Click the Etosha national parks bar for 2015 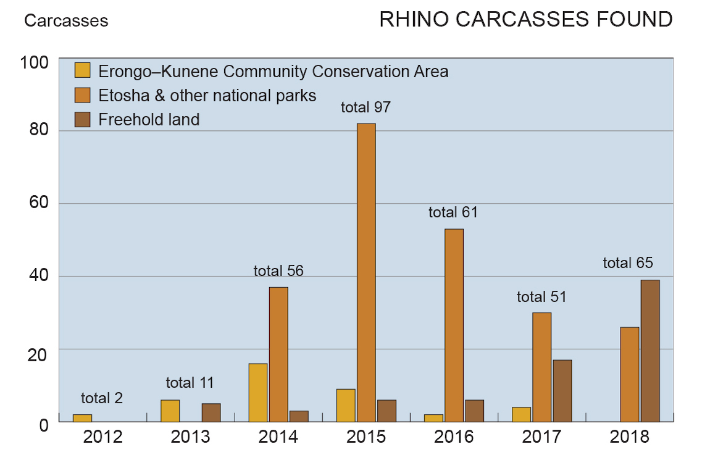366,272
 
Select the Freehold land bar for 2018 650,351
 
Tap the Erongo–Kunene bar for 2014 258,392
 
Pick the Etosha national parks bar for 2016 454,325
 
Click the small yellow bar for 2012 82,418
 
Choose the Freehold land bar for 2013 211,412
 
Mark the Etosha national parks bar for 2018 630,374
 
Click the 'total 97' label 366,107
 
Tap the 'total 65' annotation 628,263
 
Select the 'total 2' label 102,398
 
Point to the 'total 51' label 541,297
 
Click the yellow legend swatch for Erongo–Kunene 83,71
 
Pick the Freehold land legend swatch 83,119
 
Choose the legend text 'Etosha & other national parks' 207,95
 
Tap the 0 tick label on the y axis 44,425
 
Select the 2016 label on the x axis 454,437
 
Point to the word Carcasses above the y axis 66,21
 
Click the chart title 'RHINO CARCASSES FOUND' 525,20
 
